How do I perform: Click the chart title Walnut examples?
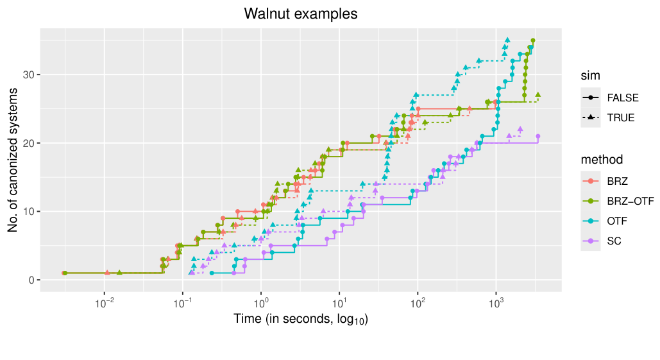click(x=301, y=13)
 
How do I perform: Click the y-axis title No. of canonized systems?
click(x=13, y=160)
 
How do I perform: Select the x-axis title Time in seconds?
click(x=301, y=319)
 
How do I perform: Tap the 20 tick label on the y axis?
click(x=29, y=143)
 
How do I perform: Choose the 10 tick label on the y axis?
click(x=29, y=212)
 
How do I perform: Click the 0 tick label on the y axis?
click(x=31, y=280)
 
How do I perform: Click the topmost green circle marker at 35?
click(x=533, y=40)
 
